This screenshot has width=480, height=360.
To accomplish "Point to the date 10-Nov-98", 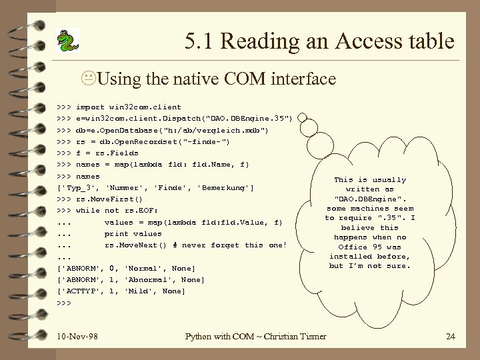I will pos(77,336).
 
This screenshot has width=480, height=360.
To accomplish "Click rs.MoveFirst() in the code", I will pos(109,199).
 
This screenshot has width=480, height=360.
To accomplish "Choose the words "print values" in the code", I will pos(133,233).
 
